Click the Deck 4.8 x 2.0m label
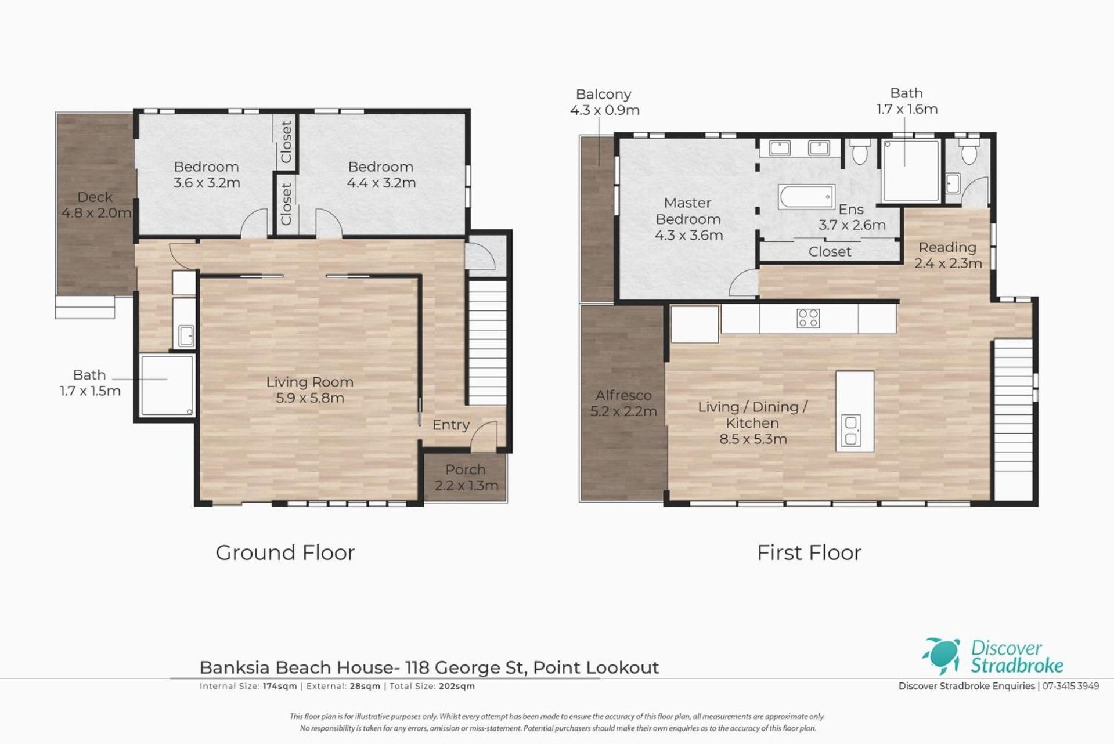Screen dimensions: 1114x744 (x=96, y=205)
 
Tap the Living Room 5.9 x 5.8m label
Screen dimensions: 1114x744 (x=310, y=390)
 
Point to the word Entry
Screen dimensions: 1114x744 (x=451, y=425)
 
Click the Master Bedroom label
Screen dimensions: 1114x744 (x=688, y=219)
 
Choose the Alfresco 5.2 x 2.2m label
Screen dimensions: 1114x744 (x=623, y=403)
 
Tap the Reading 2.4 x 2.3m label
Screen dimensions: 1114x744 (x=948, y=255)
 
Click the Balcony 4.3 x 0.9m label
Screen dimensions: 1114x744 (x=604, y=102)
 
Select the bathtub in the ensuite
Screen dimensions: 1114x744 (x=806, y=197)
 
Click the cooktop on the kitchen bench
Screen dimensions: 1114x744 (x=808, y=318)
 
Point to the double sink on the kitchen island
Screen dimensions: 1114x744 (x=852, y=431)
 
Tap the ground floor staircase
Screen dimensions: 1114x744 (x=488, y=342)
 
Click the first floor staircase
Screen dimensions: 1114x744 (x=1014, y=419)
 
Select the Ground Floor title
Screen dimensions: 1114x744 (x=285, y=552)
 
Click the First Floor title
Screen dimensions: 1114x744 (x=809, y=552)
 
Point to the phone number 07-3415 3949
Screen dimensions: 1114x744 (x=1070, y=686)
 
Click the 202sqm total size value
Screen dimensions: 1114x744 (x=457, y=686)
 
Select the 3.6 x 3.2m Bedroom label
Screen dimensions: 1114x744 (x=207, y=175)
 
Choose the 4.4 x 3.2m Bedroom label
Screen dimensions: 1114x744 (x=381, y=175)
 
